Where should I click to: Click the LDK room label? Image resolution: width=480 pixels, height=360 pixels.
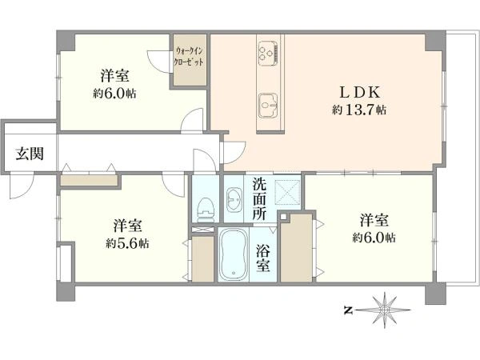360,92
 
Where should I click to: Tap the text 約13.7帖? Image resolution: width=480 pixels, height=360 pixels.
358,110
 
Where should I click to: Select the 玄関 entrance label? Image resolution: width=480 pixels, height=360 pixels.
30,154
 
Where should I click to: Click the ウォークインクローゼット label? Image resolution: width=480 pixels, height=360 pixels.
189,57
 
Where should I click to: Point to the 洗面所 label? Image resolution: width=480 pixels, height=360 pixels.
259,199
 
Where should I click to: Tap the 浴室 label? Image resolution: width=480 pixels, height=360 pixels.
263,258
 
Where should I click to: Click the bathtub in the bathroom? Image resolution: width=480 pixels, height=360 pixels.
234,255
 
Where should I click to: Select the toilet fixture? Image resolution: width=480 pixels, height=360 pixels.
206,210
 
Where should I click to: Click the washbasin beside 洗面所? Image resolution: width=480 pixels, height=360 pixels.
234,199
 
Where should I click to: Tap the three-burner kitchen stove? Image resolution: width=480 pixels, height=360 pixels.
268,53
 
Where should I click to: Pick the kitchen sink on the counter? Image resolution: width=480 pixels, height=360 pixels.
268,106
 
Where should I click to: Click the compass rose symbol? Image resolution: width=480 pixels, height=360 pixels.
384,310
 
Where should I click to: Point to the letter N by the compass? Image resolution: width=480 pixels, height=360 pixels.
347,310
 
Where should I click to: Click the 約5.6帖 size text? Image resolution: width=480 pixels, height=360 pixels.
128,244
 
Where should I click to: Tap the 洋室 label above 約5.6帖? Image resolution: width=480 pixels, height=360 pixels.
128,226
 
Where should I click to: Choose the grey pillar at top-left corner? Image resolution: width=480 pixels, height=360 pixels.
66,40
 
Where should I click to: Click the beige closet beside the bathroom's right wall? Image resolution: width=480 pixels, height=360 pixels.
297,248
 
